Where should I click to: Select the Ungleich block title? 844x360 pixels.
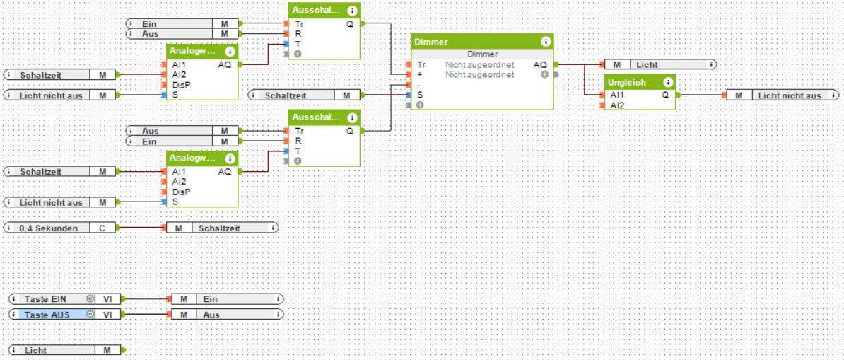point(626,82)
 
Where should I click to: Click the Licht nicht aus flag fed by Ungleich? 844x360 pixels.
point(789,95)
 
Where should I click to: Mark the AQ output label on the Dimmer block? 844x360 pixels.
point(539,64)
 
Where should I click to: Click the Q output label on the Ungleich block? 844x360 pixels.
point(665,95)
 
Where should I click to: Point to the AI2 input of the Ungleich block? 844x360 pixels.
point(617,105)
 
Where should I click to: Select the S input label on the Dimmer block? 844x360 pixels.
point(420,95)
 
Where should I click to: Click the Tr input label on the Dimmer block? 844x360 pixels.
point(421,64)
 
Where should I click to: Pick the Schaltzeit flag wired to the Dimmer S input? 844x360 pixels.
point(286,95)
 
